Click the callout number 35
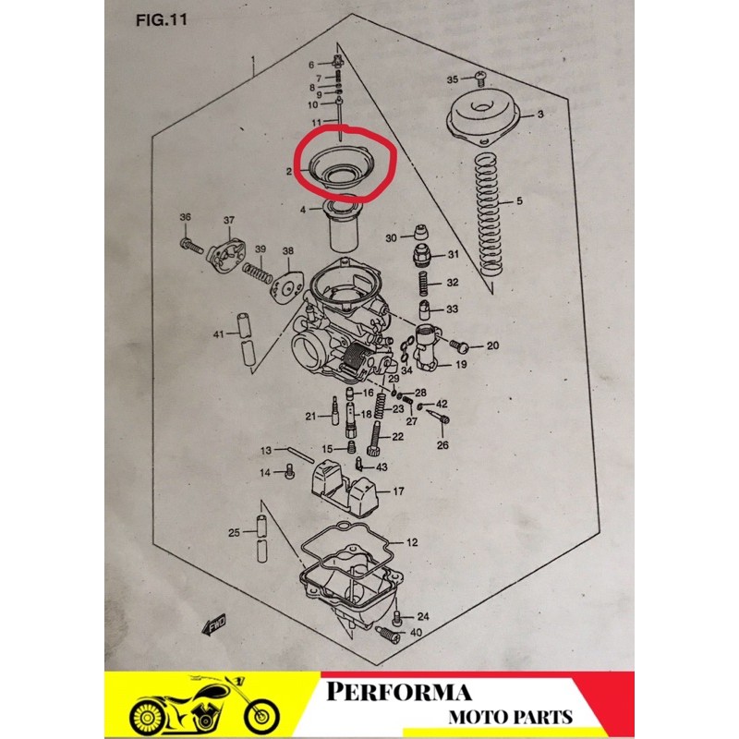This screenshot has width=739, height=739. (453, 79)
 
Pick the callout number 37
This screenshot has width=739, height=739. (230, 220)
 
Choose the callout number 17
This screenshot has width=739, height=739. (398, 491)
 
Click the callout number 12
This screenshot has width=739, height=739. (412, 542)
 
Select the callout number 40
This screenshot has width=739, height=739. (415, 633)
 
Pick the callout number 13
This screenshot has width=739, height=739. (265, 451)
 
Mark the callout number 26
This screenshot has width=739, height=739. (442, 444)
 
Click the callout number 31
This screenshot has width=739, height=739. (453, 254)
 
